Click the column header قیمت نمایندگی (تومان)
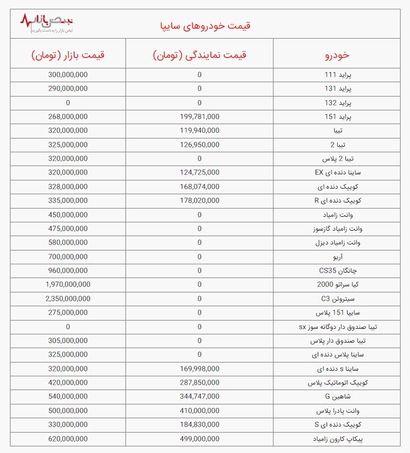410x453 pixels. [x=199, y=55]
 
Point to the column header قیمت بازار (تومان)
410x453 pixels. [x=68, y=55]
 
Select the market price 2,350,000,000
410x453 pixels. [x=68, y=299]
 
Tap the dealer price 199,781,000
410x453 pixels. [x=199, y=116]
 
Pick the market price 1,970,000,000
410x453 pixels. [x=68, y=284]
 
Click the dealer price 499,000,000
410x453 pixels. [x=199, y=438]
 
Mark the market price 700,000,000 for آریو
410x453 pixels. [x=68, y=257]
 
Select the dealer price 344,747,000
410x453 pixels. [x=199, y=396]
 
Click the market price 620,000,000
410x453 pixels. [x=68, y=438]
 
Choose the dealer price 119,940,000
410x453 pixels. [x=199, y=130]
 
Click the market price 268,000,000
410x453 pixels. [x=68, y=116]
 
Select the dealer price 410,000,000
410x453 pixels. [x=199, y=410]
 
